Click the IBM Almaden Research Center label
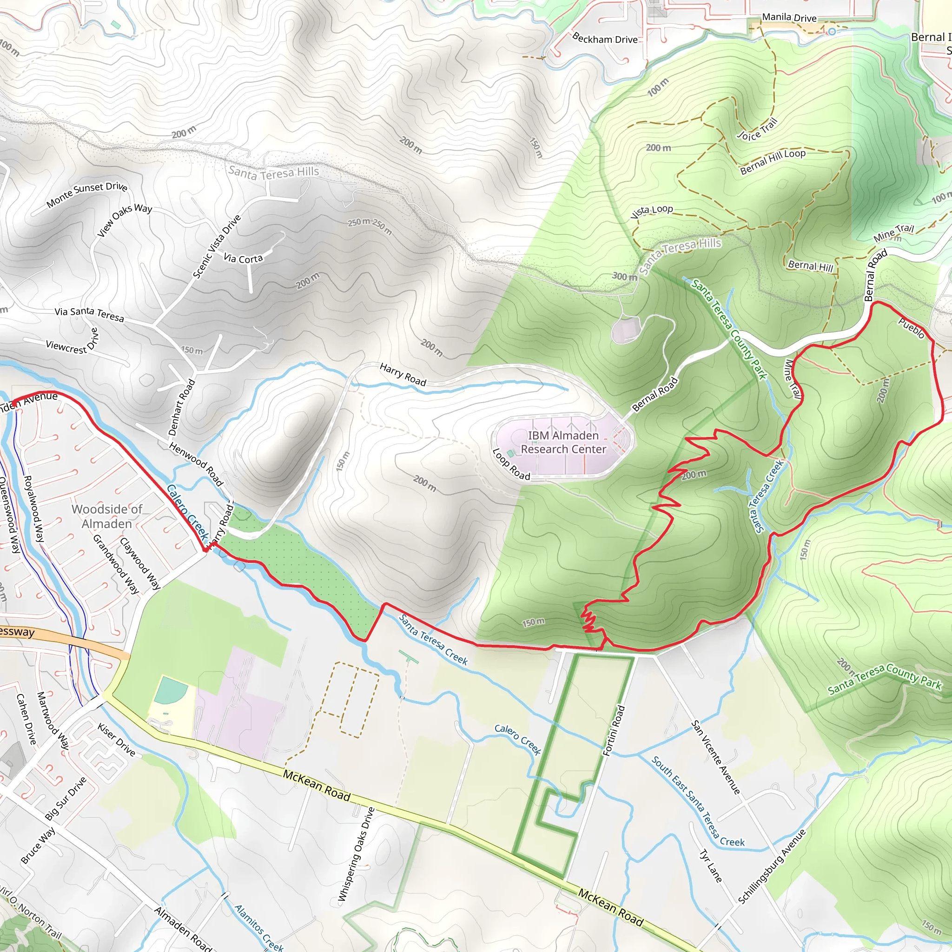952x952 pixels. (563, 442)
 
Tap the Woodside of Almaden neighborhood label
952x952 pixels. (107, 516)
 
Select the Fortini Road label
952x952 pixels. (614, 730)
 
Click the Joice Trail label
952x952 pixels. (757, 129)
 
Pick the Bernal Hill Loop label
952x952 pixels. (773, 161)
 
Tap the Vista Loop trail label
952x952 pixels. (651, 211)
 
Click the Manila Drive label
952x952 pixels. (789, 17)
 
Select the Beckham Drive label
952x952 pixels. (605, 38)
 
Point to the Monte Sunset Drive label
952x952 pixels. (87, 194)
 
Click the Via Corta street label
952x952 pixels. (243, 258)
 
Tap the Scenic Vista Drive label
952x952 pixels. (217, 246)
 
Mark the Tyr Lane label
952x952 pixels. (711, 866)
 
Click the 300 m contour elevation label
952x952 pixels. (624, 277)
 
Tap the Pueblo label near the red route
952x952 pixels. (911, 328)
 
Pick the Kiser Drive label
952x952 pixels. (116, 739)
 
